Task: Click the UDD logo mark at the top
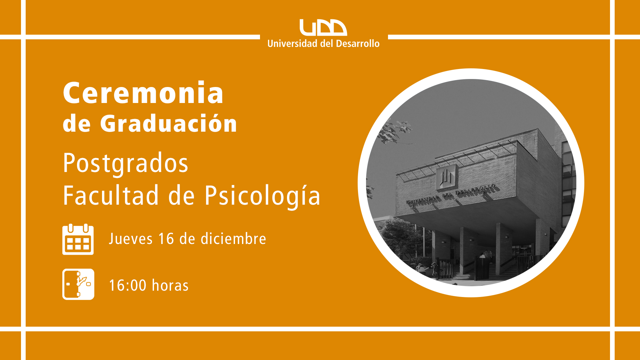click(x=323, y=27)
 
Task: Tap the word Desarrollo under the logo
click(x=358, y=44)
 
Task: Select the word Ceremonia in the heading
click(x=143, y=93)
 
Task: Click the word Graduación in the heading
click(x=169, y=123)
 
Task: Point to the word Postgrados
click(x=126, y=164)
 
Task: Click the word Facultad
click(x=111, y=195)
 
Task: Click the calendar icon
click(x=78, y=239)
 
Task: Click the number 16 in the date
click(x=166, y=239)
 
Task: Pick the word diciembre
click(x=233, y=239)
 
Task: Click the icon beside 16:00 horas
click(x=78, y=284)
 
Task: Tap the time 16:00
click(x=128, y=286)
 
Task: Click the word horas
click(x=170, y=285)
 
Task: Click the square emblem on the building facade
click(x=446, y=177)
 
